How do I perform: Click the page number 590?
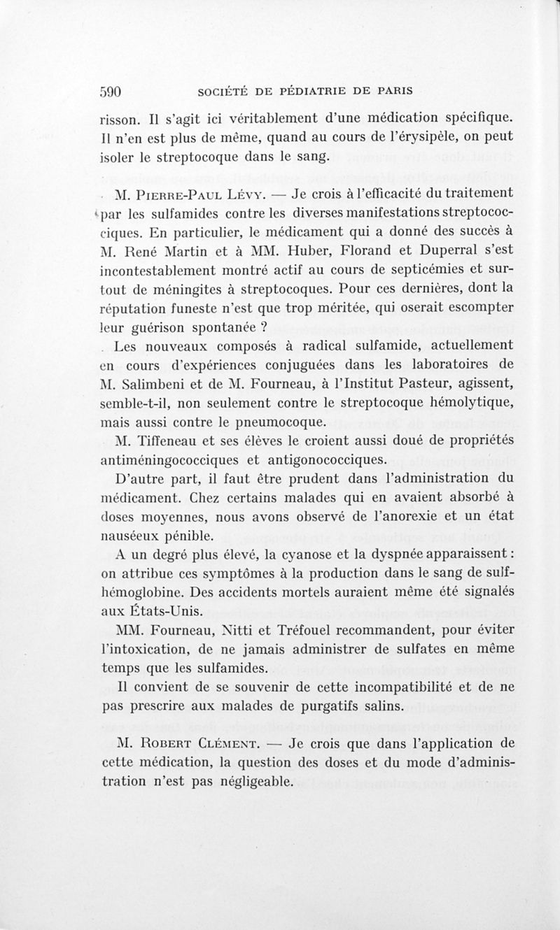point(112,90)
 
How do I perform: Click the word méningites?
point(182,288)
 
